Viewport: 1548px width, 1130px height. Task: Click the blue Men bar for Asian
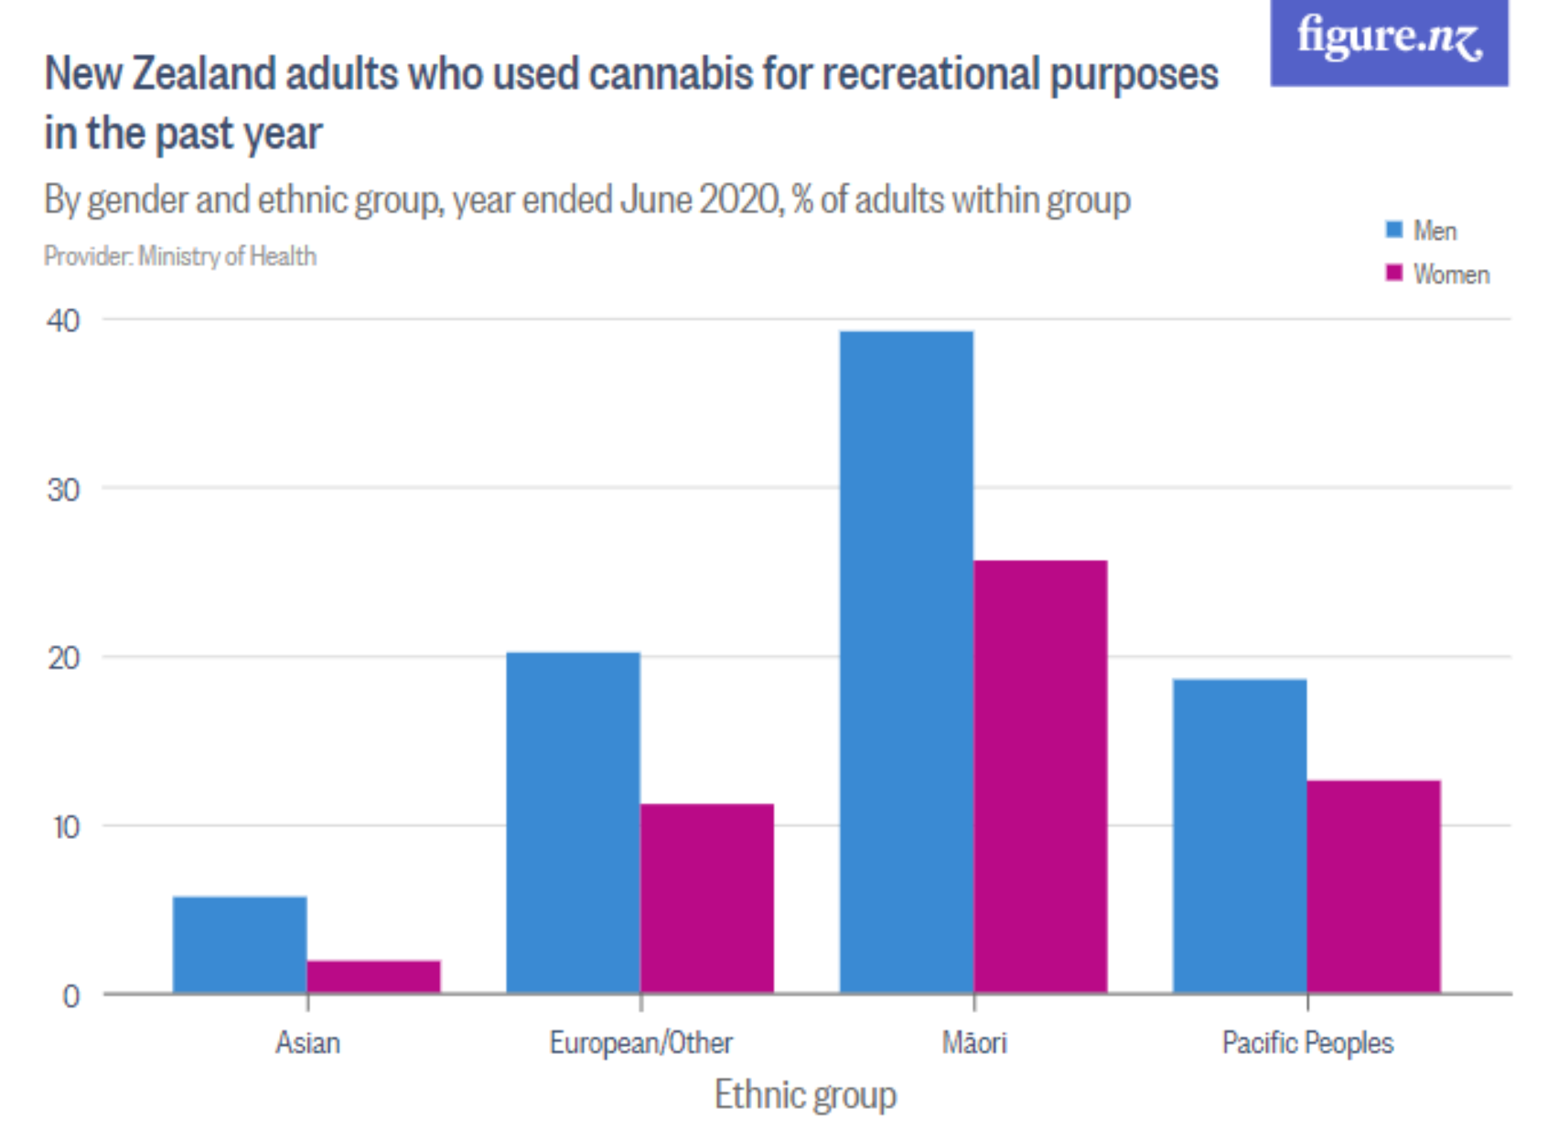[240, 944]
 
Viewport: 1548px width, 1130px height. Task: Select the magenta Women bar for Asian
[373, 976]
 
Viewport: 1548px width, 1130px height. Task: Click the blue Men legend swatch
[1393, 230]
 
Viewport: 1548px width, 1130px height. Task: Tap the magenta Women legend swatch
[1393, 273]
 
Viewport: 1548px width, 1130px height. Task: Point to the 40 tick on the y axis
[63, 320]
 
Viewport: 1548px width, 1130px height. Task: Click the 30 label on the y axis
[63, 490]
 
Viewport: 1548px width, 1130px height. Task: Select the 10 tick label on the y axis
[66, 827]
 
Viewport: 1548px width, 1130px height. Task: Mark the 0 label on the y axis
[70, 995]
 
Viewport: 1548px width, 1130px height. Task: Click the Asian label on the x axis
[307, 1042]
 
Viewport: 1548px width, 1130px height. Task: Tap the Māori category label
[974, 1042]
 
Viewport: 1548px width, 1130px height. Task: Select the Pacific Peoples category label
[1307, 1042]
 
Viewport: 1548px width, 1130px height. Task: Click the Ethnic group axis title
[805, 1094]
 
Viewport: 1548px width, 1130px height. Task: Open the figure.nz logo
[1389, 41]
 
